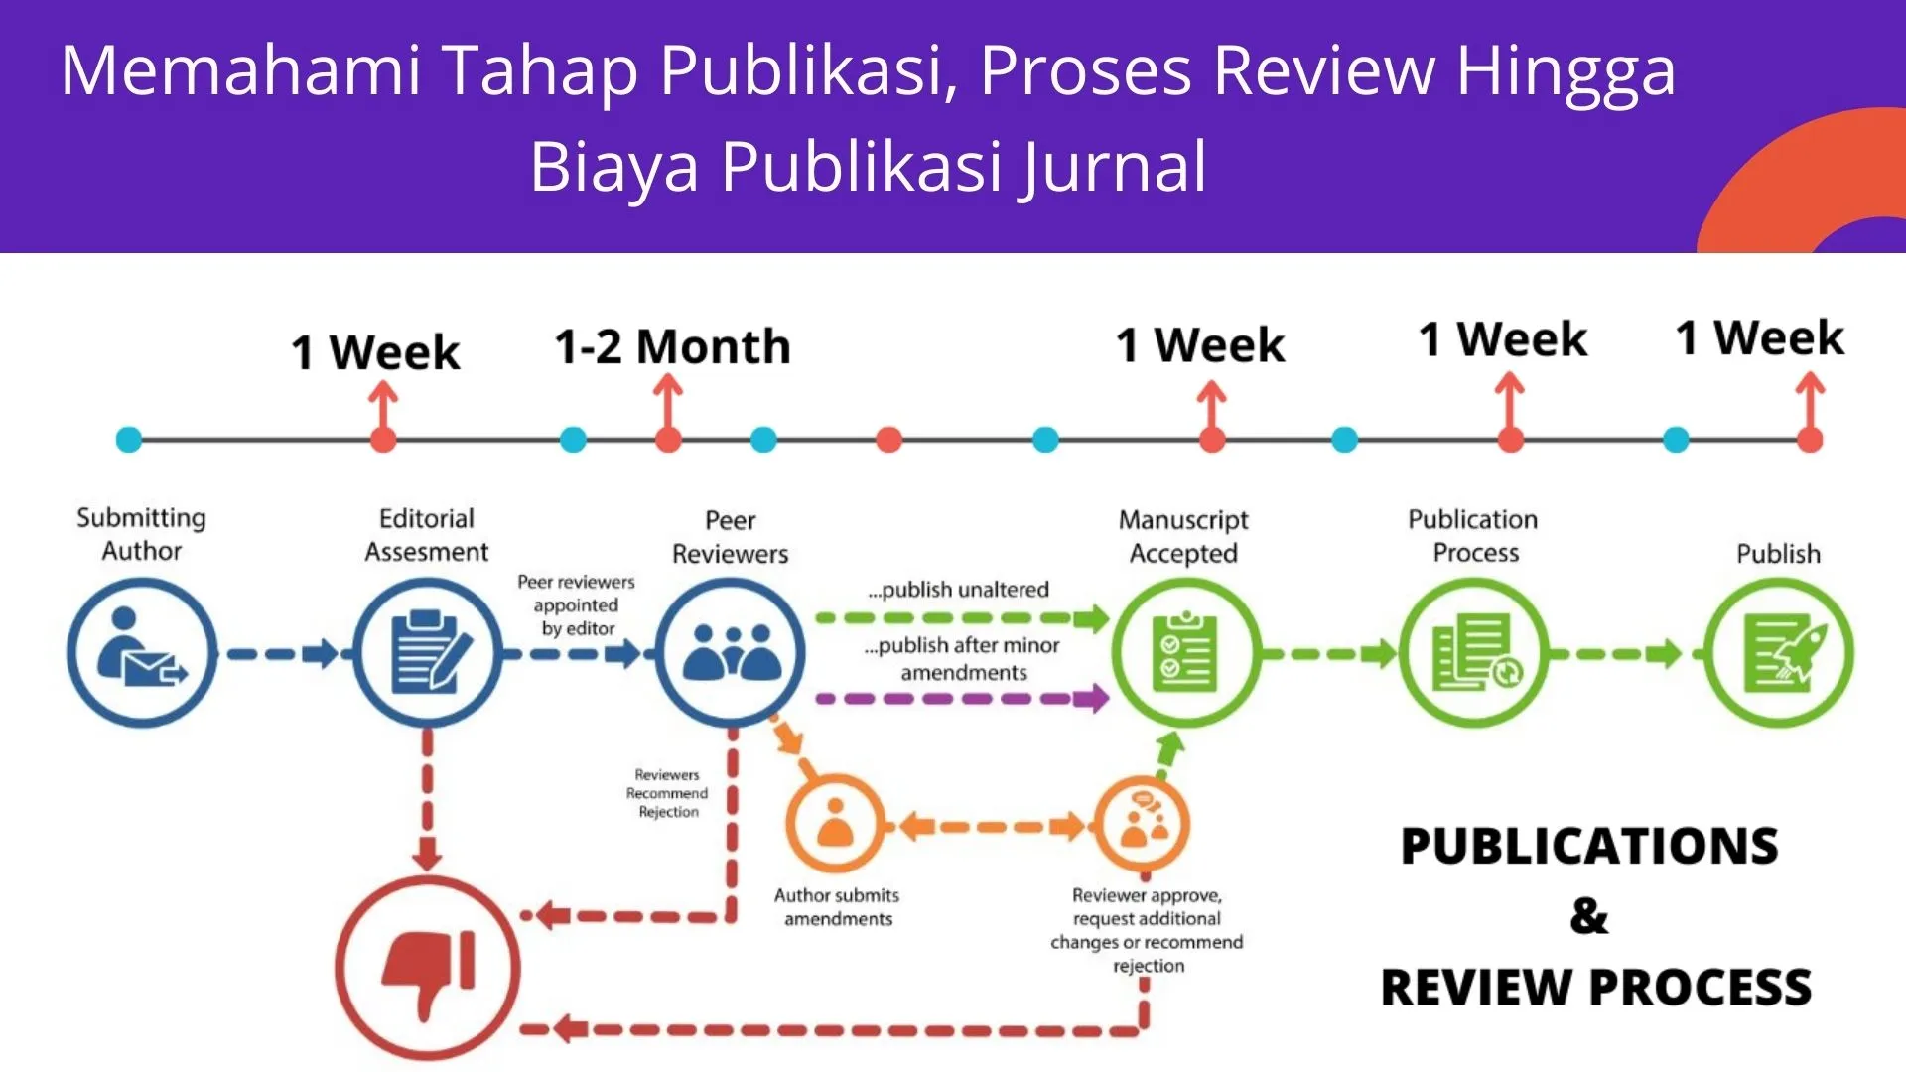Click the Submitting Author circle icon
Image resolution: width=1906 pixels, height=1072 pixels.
coord(142,652)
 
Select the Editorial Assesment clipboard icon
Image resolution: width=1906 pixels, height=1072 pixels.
coord(428,652)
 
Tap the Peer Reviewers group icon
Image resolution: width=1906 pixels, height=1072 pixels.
coord(731,652)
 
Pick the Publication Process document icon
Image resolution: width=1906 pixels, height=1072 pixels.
coord(1474,652)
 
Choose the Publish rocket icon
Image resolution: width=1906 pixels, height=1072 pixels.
coord(1778,652)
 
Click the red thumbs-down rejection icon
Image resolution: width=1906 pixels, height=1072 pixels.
coord(428,968)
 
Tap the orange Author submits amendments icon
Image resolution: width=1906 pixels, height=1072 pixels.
coord(835,824)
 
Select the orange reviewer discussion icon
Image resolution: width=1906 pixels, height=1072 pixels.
coord(1142,824)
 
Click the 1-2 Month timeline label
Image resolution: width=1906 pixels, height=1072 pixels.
coord(672,347)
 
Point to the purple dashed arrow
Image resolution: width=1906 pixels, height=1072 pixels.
coord(962,698)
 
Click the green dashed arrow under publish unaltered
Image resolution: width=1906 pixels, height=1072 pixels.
coord(962,618)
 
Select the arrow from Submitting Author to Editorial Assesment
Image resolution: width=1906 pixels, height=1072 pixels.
coord(283,654)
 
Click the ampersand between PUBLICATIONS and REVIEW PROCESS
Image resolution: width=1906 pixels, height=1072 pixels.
coord(1589,916)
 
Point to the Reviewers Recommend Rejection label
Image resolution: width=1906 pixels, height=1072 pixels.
coord(667,793)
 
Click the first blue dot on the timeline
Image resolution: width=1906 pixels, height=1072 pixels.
coord(129,439)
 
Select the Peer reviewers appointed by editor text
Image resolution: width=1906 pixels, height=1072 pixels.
coord(576,604)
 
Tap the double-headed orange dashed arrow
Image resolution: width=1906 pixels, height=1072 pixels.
coord(988,826)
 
